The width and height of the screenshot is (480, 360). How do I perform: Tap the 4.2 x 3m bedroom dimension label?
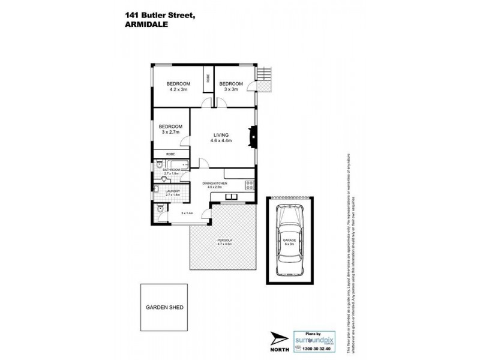178,89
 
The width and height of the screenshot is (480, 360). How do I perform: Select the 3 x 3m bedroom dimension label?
231,89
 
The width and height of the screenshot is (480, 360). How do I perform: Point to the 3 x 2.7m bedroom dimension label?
170,133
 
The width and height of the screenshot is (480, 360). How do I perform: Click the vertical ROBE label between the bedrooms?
208,77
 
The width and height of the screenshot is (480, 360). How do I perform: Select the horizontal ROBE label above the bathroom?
163,154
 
